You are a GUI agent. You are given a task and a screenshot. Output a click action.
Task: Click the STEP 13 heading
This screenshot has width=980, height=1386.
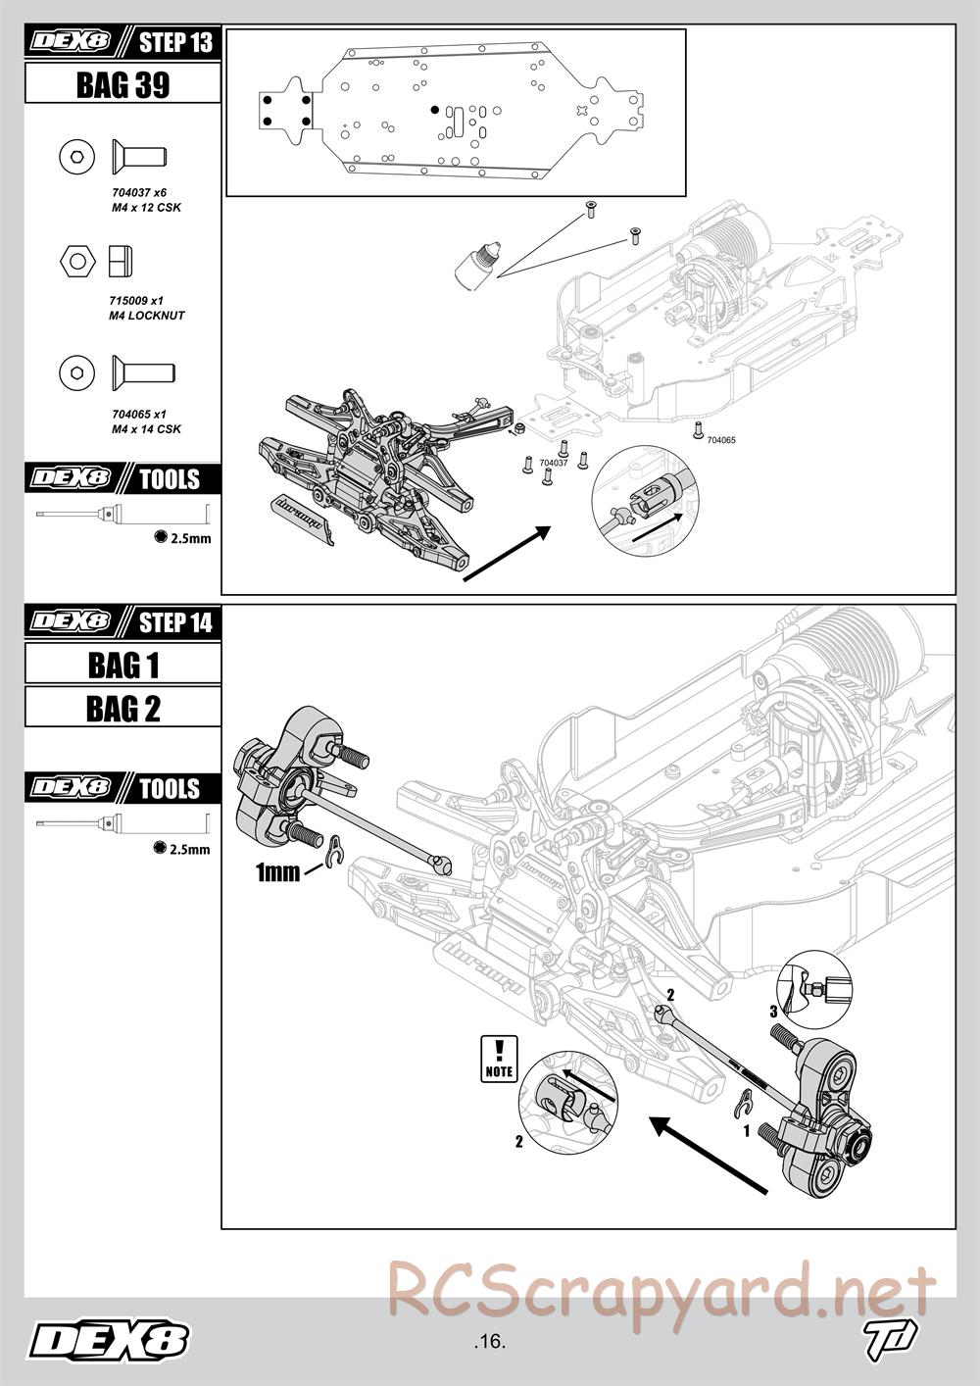(174, 43)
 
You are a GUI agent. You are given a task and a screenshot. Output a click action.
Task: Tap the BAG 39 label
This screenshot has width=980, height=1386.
(122, 85)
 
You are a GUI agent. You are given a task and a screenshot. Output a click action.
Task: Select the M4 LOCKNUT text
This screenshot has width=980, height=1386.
(147, 316)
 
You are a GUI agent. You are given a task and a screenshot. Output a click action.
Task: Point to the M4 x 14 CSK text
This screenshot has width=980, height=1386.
(146, 429)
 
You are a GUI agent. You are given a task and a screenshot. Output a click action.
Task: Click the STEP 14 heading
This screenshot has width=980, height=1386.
(174, 622)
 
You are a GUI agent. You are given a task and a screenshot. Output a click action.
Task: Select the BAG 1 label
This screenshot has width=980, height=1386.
(122, 665)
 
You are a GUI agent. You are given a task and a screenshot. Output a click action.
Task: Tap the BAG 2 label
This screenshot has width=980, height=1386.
(122, 708)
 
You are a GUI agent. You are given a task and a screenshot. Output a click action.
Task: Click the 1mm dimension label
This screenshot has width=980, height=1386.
(277, 871)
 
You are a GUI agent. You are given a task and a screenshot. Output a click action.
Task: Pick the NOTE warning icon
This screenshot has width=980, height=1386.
(499, 1060)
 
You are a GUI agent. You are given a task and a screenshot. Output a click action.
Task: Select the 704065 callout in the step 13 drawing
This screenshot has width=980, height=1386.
(720, 441)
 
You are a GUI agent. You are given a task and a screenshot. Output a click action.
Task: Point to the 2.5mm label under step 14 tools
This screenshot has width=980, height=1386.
(189, 849)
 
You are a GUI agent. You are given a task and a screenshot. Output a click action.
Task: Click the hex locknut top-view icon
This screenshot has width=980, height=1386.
(76, 262)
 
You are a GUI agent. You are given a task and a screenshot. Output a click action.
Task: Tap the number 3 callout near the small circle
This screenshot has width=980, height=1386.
(773, 1011)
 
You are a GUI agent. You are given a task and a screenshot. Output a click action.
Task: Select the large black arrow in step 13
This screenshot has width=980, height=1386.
(506, 554)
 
